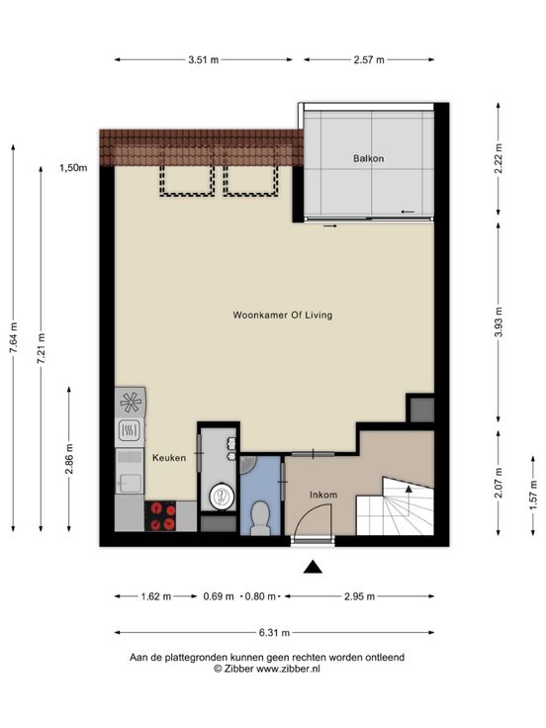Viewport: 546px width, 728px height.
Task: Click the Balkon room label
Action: pyautogui.click(x=369, y=158)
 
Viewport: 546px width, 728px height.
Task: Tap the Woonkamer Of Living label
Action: pyautogui.click(x=283, y=315)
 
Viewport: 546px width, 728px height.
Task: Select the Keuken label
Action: pyautogui.click(x=169, y=458)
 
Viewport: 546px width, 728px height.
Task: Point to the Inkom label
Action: pyautogui.click(x=323, y=495)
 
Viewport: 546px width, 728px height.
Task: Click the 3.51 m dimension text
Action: pyautogui.click(x=204, y=59)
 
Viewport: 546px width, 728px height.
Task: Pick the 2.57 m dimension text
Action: pyautogui.click(x=369, y=59)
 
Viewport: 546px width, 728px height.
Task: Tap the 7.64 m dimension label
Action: pyautogui.click(x=14, y=337)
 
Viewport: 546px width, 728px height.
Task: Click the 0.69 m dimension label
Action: pyautogui.click(x=219, y=596)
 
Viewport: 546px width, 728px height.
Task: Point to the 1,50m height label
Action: pyautogui.click(x=73, y=168)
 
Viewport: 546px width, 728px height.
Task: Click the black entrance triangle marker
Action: pyautogui.click(x=313, y=567)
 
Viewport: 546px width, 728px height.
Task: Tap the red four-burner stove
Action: pyautogui.click(x=160, y=516)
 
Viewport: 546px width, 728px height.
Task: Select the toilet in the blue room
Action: pyautogui.click(x=260, y=517)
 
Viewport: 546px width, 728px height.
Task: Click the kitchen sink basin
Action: pyautogui.click(x=130, y=483)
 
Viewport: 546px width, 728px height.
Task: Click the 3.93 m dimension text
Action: pyautogui.click(x=499, y=322)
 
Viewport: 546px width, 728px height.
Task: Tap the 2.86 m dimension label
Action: pyautogui.click(x=69, y=459)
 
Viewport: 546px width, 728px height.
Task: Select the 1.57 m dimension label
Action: pyautogui.click(x=533, y=495)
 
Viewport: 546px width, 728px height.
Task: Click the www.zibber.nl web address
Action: pyautogui.click(x=288, y=669)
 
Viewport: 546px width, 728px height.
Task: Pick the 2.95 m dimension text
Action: pyautogui.click(x=359, y=596)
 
